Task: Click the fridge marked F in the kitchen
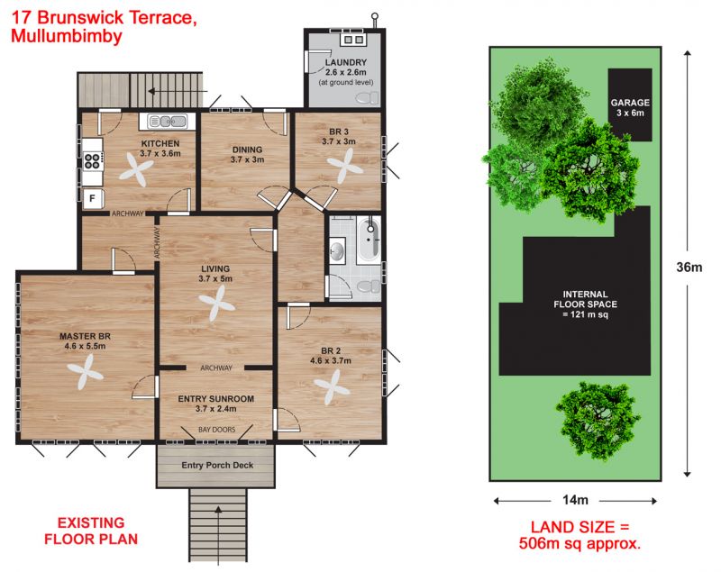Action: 94,198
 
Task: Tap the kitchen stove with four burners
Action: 94,161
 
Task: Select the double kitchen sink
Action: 168,122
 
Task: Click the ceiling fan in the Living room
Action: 216,304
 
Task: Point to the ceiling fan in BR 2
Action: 332,387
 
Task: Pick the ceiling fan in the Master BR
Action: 85,372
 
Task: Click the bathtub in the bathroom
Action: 369,240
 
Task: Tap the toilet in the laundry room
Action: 367,97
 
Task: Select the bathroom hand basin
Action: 337,250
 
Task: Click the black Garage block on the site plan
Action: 630,104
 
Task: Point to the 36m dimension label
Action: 689,267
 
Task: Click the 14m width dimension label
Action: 575,500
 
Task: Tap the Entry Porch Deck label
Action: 217,465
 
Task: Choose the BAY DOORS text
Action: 216,430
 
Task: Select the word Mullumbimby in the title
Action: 67,36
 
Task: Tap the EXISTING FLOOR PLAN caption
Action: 91,531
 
